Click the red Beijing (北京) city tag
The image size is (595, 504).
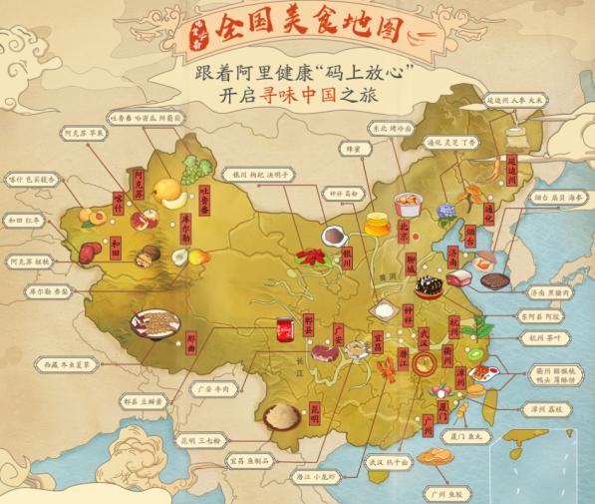coord(402,227)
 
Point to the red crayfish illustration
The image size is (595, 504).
coord(384,372)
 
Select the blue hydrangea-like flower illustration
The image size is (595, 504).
coord(444,211)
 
